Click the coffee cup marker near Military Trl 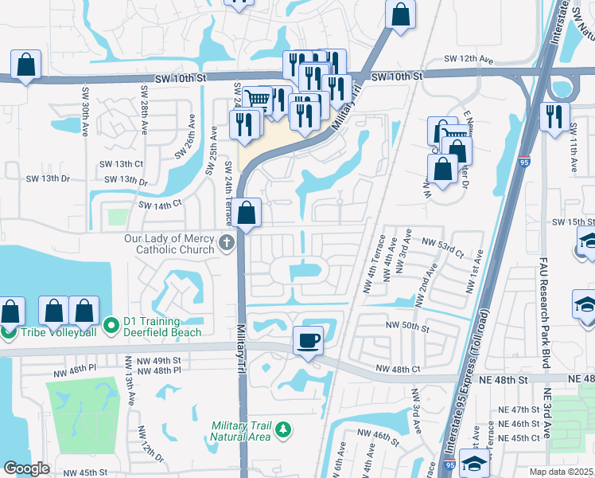(x=309, y=340)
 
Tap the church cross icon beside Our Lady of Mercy (x=227, y=242)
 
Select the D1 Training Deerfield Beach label (x=162, y=327)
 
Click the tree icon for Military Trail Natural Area (x=282, y=431)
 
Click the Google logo (x=26, y=468)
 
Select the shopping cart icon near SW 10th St (x=256, y=100)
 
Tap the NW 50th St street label (x=407, y=327)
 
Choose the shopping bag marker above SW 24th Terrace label (x=247, y=213)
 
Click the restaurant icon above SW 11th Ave (x=554, y=116)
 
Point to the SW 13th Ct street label (x=128, y=163)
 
